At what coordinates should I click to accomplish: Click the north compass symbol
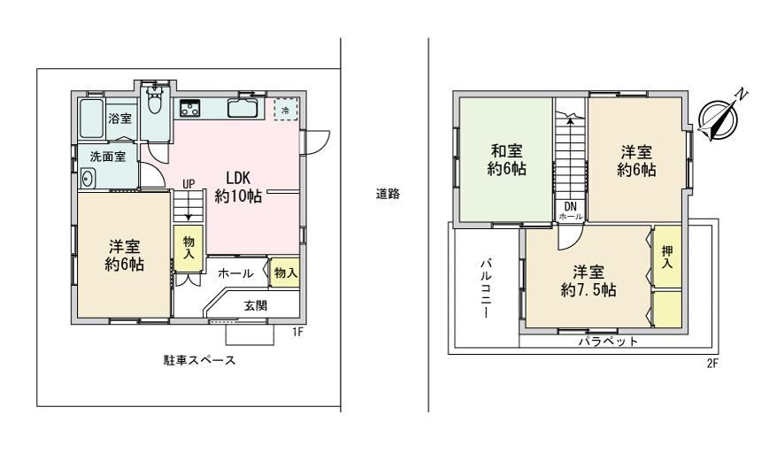[719, 118]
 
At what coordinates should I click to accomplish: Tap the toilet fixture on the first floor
[156, 101]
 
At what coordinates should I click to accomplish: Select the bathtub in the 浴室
[91, 119]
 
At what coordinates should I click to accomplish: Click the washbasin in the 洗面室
[88, 179]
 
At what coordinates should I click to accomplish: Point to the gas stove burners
[189, 108]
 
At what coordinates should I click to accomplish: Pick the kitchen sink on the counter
[242, 108]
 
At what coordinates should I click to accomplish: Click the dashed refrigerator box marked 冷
[286, 109]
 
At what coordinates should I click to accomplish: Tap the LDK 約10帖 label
[238, 188]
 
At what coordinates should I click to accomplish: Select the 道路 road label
[388, 194]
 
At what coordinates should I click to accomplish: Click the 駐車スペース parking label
[200, 360]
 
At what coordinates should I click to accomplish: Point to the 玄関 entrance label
[255, 306]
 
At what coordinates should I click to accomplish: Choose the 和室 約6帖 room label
[506, 159]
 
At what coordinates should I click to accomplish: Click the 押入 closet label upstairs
[667, 257]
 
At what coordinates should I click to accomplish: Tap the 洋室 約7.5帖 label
[589, 280]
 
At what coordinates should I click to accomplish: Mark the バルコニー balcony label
[486, 288]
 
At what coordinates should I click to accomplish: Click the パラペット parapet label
[609, 342]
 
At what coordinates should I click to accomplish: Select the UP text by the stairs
[188, 184]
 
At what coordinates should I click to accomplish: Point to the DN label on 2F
[571, 205]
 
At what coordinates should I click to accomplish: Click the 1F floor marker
[297, 332]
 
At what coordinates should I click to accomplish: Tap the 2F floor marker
[712, 364]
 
